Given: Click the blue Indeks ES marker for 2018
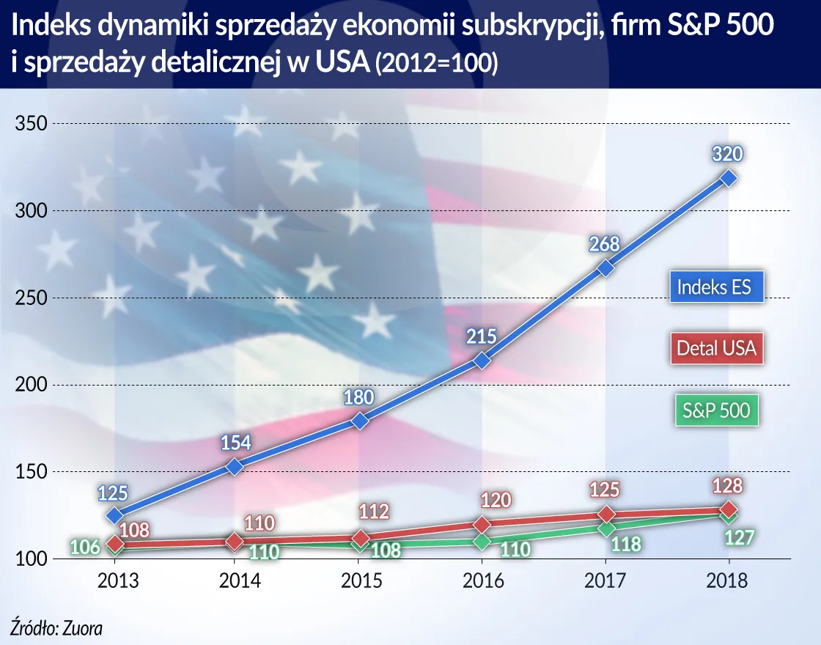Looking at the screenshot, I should [728, 178].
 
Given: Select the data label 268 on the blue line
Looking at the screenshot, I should [605, 244].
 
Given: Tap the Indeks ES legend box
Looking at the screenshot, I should [714, 287].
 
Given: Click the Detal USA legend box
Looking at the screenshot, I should [715, 347].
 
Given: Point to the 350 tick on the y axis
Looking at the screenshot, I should [32, 124].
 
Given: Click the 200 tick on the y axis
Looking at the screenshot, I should [32, 386].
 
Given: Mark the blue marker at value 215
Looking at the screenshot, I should [482, 361].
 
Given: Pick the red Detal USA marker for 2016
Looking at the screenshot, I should [482, 525].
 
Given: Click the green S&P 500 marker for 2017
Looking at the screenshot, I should [605, 528].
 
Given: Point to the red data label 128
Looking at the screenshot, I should [727, 486].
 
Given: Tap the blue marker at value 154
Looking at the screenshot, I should [235, 467].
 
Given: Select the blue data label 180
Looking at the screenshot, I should [359, 397].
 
